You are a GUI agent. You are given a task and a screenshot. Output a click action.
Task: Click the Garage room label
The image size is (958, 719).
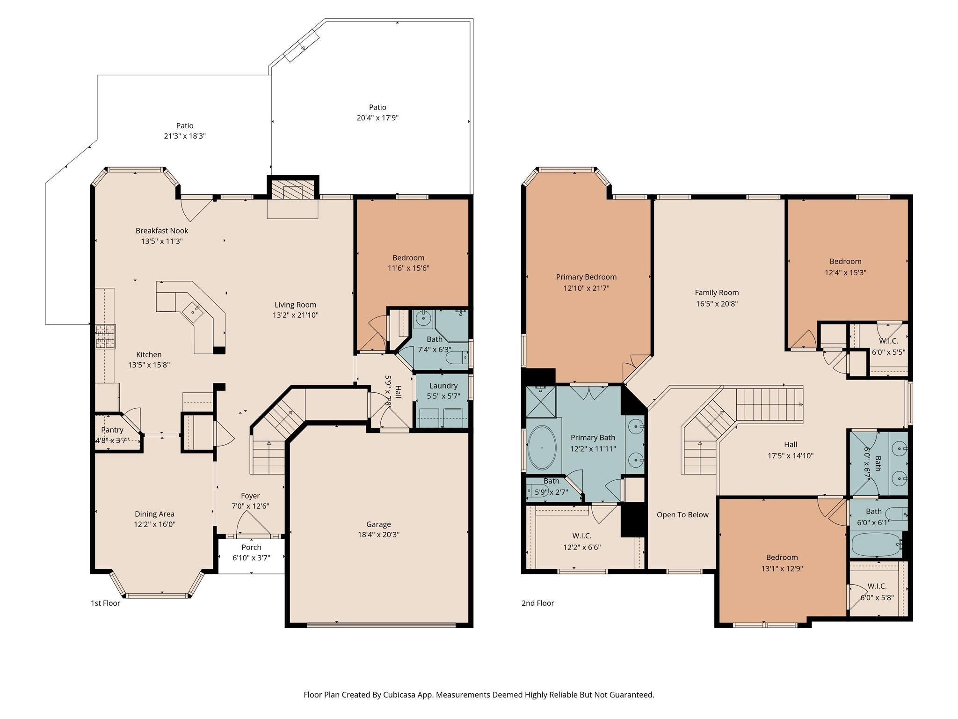click(378, 524)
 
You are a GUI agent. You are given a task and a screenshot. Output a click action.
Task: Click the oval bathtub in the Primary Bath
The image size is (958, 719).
click(542, 448)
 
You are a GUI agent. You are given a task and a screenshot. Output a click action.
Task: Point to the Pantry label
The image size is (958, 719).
click(112, 430)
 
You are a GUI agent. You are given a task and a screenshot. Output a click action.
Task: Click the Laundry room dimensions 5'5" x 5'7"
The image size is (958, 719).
click(443, 396)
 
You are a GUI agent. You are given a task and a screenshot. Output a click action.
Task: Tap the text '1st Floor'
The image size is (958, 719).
click(105, 603)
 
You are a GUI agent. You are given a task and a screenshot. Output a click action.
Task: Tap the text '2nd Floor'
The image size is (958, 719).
click(537, 603)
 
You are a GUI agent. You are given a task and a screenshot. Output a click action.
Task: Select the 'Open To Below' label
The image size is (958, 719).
click(682, 514)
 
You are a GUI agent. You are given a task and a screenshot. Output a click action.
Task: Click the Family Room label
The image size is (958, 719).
click(717, 293)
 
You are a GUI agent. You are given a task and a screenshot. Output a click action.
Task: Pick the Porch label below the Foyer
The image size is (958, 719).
click(251, 547)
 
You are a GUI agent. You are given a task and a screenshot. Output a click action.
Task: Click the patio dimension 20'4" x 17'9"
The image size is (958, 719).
click(377, 118)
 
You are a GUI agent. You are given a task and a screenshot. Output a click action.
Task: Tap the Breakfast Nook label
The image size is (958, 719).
click(162, 230)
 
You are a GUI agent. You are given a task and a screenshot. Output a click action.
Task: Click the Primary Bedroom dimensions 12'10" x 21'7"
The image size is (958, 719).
click(586, 288)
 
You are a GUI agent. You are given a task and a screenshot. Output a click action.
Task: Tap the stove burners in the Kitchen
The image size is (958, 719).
click(105, 337)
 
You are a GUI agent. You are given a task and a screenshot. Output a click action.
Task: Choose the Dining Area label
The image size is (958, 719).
click(154, 514)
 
